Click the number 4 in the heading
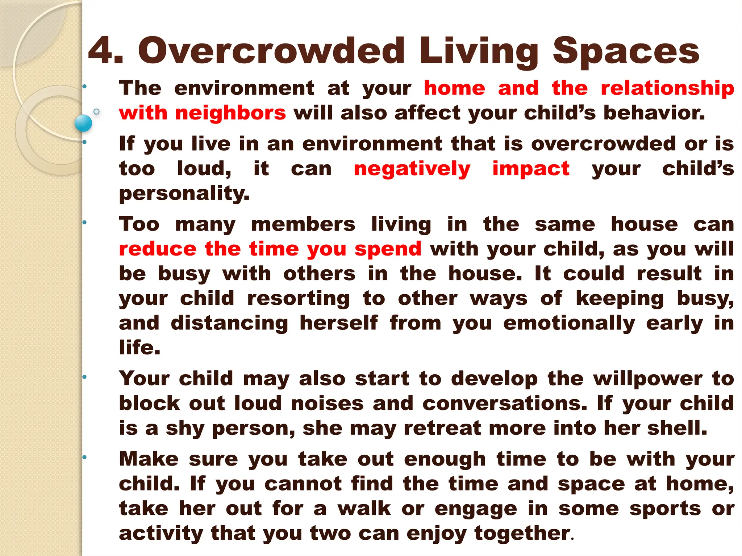(x=101, y=51)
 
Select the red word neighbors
(x=230, y=113)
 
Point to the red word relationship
(x=667, y=89)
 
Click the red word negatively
(x=412, y=169)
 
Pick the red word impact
(x=531, y=169)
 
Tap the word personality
(x=184, y=194)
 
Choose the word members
(x=303, y=224)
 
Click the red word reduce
(x=158, y=249)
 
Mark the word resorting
(x=298, y=299)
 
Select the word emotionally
(x=569, y=323)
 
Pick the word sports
(x=665, y=509)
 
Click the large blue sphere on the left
(x=83, y=123)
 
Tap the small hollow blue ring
(x=96, y=111)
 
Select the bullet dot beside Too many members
(x=84, y=222)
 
